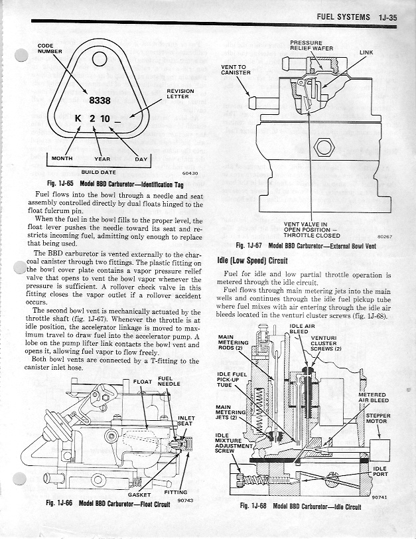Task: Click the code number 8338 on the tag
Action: click(100, 100)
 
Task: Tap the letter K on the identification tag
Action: click(78, 119)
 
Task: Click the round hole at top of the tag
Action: click(100, 59)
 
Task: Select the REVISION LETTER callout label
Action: click(180, 94)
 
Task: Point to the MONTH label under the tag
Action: click(62, 159)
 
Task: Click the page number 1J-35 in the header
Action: click(388, 17)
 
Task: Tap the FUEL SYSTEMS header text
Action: click(343, 17)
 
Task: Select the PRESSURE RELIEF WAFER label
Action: click(311, 45)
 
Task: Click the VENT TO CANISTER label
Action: click(236, 70)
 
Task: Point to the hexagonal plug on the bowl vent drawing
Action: click(324, 147)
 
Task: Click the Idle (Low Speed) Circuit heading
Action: click(253, 260)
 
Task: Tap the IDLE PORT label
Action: click(380, 471)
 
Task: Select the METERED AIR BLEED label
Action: click(374, 398)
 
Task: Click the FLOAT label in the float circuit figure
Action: click(142, 382)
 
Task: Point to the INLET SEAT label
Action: click(186, 421)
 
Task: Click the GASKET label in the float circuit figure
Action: click(139, 495)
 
